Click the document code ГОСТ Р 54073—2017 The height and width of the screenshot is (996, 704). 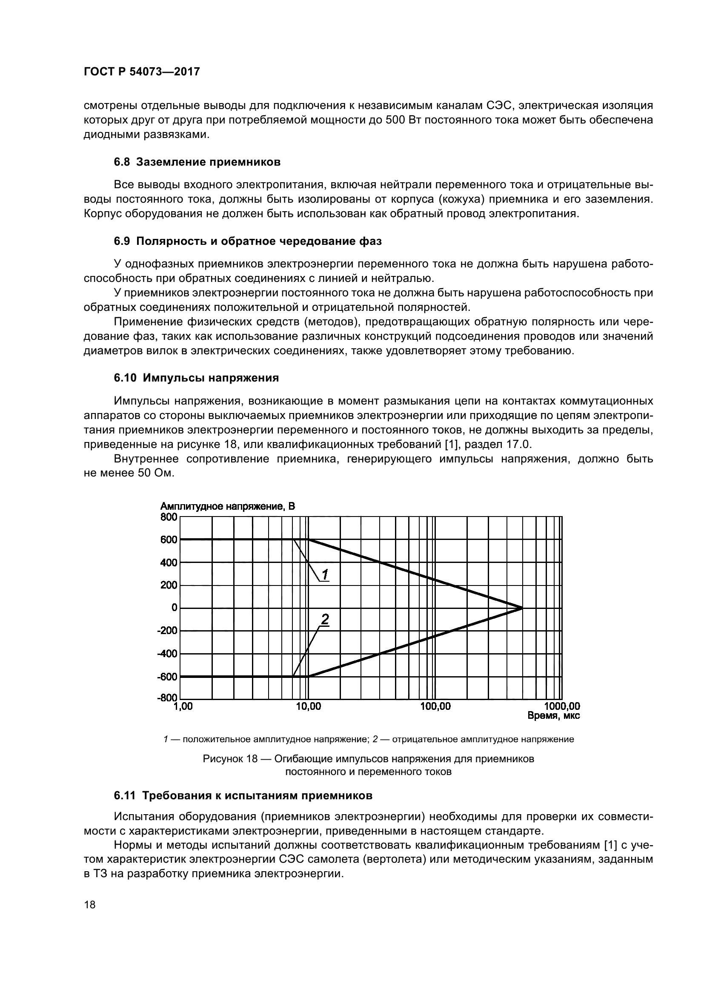tap(141, 72)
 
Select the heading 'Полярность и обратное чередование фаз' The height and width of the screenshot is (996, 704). tap(258, 241)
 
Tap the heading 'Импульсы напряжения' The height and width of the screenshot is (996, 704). tap(211, 378)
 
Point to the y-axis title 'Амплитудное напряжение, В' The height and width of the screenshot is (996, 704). tap(227, 506)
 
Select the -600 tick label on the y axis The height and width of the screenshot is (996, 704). tap(167, 676)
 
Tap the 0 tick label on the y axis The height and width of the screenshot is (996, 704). tap(174, 608)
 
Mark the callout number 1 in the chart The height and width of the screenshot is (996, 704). tap(325, 574)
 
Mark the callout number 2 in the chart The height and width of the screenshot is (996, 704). tap(325, 620)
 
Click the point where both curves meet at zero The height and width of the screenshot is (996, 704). tap(522, 608)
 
